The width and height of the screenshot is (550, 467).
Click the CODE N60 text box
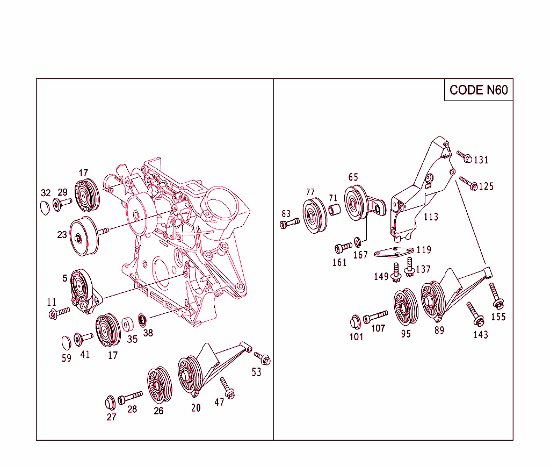tap(478, 90)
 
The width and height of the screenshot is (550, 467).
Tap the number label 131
tap(481, 160)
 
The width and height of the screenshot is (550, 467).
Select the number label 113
tap(431, 217)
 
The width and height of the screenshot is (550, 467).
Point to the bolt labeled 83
tap(289, 222)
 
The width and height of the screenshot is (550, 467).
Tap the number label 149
tap(381, 277)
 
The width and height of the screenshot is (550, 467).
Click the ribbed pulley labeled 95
tap(406, 307)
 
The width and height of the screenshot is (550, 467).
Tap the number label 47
tap(219, 402)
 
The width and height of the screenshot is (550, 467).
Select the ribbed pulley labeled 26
tap(158, 385)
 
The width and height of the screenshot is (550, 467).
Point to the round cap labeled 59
tap(67, 342)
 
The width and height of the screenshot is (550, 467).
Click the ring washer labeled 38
tap(143, 320)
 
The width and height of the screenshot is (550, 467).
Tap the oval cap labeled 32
tap(46, 207)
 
